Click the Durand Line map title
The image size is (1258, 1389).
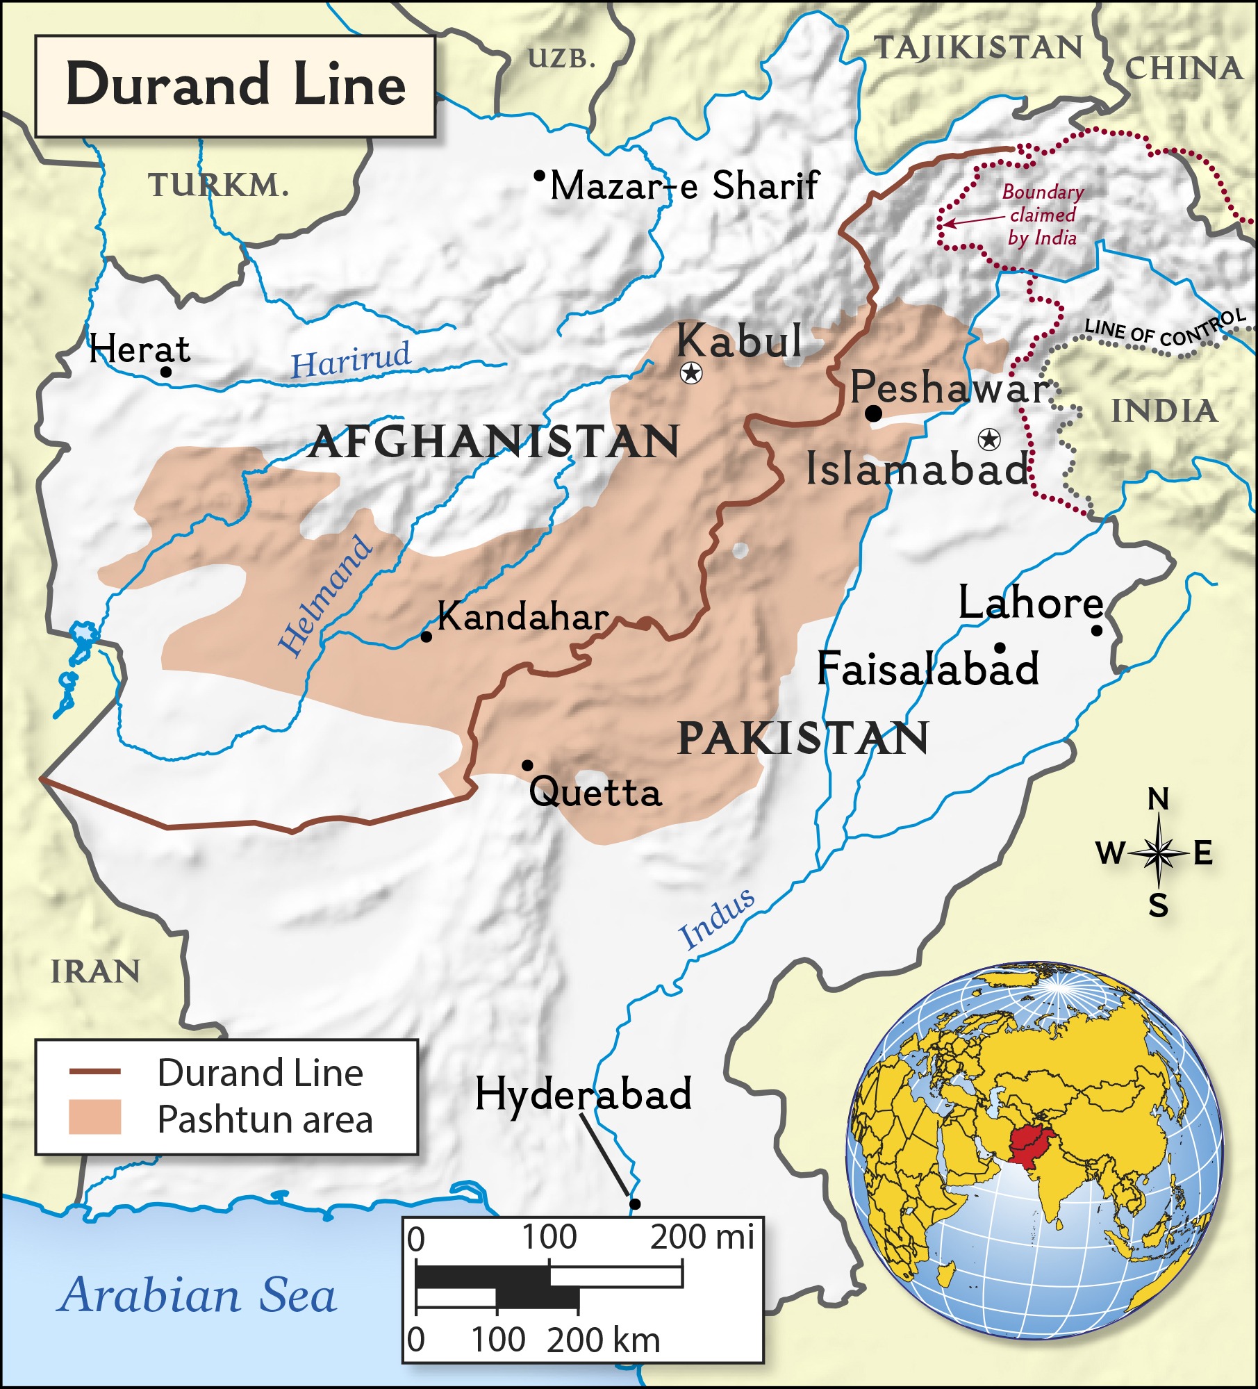235,85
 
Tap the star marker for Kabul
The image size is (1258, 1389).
690,373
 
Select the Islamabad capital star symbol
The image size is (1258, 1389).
988,439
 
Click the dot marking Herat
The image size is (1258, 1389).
166,371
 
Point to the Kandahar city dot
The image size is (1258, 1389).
427,636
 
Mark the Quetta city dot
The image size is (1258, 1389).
527,766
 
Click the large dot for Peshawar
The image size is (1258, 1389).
874,413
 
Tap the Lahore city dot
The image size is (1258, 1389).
1096,630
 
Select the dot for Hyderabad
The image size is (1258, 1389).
634,1203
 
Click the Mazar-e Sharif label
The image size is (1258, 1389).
684,186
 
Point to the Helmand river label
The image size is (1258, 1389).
325,596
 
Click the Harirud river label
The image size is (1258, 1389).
351,360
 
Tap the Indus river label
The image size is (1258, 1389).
717,919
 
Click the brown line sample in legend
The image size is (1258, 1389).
95,1072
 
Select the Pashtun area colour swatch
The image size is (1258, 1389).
95,1117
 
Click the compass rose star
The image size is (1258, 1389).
1157,852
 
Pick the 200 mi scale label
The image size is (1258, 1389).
702,1237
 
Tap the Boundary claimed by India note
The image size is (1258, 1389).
1042,215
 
